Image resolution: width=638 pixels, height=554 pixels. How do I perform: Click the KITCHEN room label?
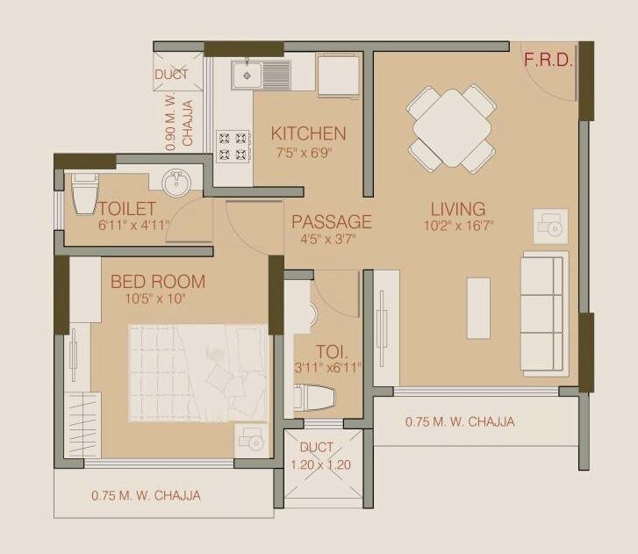tap(308, 133)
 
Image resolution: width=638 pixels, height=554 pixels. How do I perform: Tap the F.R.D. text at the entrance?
tap(548, 61)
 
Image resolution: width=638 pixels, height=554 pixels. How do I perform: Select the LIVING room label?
tap(458, 209)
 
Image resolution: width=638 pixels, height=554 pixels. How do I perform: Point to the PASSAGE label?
tap(332, 221)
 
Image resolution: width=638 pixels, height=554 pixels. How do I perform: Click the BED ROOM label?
tap(158, 282)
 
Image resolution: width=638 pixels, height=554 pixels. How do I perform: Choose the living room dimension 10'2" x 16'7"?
tap(458, 226)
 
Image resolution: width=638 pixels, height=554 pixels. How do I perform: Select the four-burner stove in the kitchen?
tap(232, 146)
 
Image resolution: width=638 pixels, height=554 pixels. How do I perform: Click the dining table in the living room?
tap(451, 127)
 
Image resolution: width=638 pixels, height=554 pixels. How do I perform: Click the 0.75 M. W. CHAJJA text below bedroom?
tap(146, 496)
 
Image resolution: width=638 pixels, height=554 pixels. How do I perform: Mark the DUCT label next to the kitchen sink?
tap(172, 75)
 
